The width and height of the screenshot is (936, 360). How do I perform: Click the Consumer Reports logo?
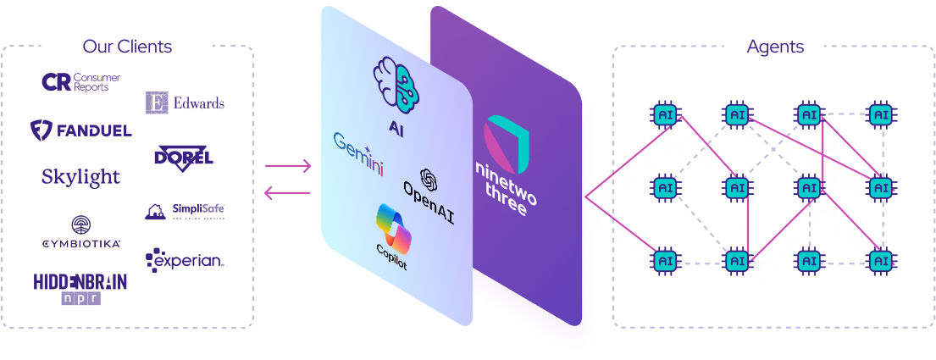tap(81, 82)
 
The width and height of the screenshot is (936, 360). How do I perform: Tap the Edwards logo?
tap(185, 102)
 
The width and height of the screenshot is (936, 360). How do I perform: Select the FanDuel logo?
tap(81, 130)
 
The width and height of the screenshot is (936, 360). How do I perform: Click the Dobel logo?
tap(185, 157)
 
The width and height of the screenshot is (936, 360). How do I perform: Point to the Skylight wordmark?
tap(81, 177)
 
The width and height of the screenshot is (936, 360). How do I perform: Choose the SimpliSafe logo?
tap(185, 211)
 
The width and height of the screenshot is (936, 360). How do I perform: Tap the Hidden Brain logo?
tap(81, 287)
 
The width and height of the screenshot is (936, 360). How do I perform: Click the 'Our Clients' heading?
tap(127, 46)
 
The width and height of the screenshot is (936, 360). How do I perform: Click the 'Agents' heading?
tap(774, 46)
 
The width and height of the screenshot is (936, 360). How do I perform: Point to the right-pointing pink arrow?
tap(288, 166)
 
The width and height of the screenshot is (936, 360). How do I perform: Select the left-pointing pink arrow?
tap(288, 193)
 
